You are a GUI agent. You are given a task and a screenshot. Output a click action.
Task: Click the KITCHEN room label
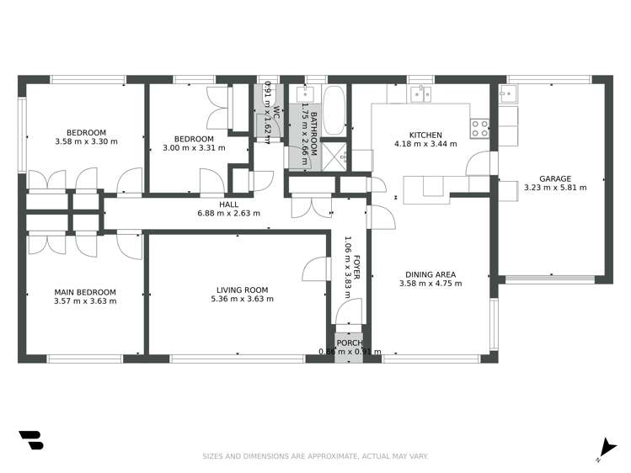[425, 135]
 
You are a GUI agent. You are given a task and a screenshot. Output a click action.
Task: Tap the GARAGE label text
[554, 178]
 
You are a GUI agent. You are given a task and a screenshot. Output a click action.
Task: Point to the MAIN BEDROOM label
[84, 292]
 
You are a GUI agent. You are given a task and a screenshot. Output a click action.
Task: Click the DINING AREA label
[430, 274]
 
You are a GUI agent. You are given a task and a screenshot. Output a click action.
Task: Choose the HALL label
[228, 205]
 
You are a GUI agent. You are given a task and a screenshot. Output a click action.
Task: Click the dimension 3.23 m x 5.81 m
[555, 188]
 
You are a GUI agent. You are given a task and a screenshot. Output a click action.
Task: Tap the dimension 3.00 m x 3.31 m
[194, 148]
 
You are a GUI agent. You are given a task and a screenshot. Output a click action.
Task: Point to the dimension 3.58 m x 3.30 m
[87, 141]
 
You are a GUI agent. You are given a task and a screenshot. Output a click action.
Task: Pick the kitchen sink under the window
[420, 93]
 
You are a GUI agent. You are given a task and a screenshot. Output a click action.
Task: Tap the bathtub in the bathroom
[334, 109]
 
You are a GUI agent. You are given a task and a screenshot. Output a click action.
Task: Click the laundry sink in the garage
[509, 93]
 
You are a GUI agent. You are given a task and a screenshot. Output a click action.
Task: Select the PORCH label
[349, 343]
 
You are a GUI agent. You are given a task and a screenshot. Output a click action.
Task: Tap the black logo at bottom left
[30, 440]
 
